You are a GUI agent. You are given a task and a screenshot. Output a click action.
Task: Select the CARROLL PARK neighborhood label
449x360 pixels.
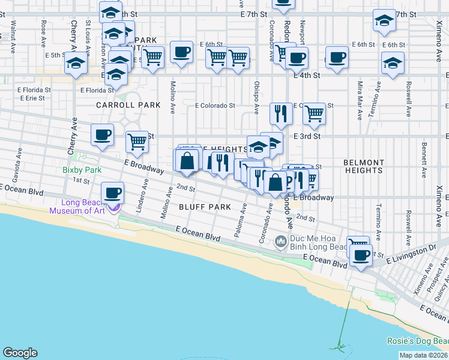pos(129,105)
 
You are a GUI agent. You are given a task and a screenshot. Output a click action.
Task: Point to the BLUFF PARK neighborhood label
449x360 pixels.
pos(205,207)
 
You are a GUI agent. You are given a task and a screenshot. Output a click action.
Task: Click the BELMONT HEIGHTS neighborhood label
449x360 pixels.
pos(364,166)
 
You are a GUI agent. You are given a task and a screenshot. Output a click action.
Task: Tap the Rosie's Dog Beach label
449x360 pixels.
pos(417,341)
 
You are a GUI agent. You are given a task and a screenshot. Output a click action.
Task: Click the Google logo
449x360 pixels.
pos(20,353)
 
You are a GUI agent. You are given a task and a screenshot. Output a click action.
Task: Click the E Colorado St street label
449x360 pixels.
pos(214,106)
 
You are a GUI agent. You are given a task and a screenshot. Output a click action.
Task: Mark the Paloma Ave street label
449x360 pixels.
pos(243,220)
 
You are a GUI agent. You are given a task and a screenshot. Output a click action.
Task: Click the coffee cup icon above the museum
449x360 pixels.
pos(112,193)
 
